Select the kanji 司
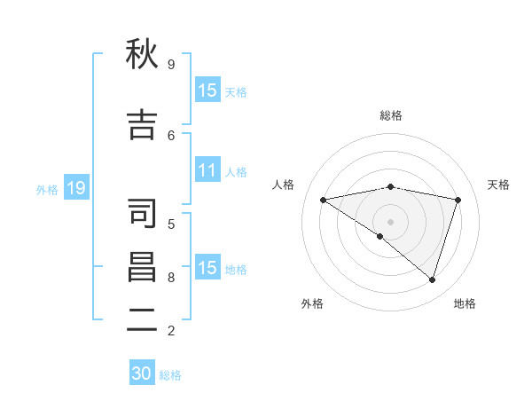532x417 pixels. [142, 213]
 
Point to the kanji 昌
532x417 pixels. [142, 267]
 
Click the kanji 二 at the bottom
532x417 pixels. [142, 320]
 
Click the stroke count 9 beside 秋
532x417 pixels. [171, 64]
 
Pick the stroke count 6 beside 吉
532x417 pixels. [171, 135]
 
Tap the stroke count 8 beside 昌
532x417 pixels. [171, 277]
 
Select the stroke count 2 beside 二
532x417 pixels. [171, 331]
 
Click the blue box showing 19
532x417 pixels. [76, 188]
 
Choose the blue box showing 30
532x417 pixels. [142, 374]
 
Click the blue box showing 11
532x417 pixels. [207, 170]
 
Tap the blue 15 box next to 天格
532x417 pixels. [207, 90]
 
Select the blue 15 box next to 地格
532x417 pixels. [207, 268]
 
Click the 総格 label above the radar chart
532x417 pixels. [390, 115]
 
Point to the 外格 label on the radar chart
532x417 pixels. [312, 303]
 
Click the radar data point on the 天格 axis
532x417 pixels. [458, 200]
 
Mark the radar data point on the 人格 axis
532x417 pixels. [323, 200]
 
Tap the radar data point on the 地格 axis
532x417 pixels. [432, 279]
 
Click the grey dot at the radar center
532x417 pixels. [390, 221]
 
